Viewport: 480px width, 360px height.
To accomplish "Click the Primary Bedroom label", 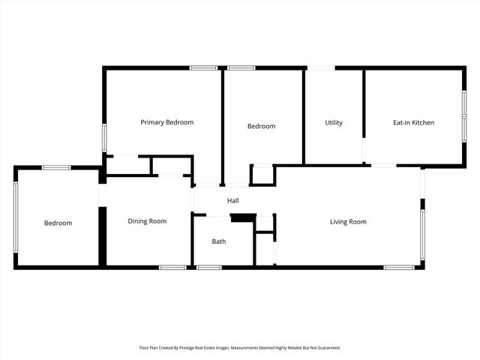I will (x=167, y=122).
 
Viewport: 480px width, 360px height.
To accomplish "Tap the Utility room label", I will (x=334, y=122).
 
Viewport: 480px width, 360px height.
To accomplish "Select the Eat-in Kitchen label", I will (x=413, y=122).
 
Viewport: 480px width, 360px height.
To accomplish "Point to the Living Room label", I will (x=348, y=221).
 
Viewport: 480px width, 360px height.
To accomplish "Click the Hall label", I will (x=233, y=201).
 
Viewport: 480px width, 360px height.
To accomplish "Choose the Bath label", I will (x=218, y=241).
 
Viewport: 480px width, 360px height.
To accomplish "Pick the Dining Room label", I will (x=147, y=221).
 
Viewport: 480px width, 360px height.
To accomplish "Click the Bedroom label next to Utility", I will (x=261, y=126).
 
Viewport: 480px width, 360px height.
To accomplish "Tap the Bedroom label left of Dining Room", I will (x=58, y=223).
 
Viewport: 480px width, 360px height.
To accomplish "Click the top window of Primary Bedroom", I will (x=203, y=68).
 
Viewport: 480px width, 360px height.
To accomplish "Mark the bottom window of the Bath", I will (x=208, y=267).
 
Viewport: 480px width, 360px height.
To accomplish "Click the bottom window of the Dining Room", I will (x=172, y=267).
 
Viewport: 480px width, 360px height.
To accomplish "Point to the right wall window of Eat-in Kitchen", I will (x=463, y=116).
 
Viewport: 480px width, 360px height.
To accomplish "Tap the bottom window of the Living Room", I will (x=399, y=267).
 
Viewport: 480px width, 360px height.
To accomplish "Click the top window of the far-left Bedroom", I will (x=56, y=167).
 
